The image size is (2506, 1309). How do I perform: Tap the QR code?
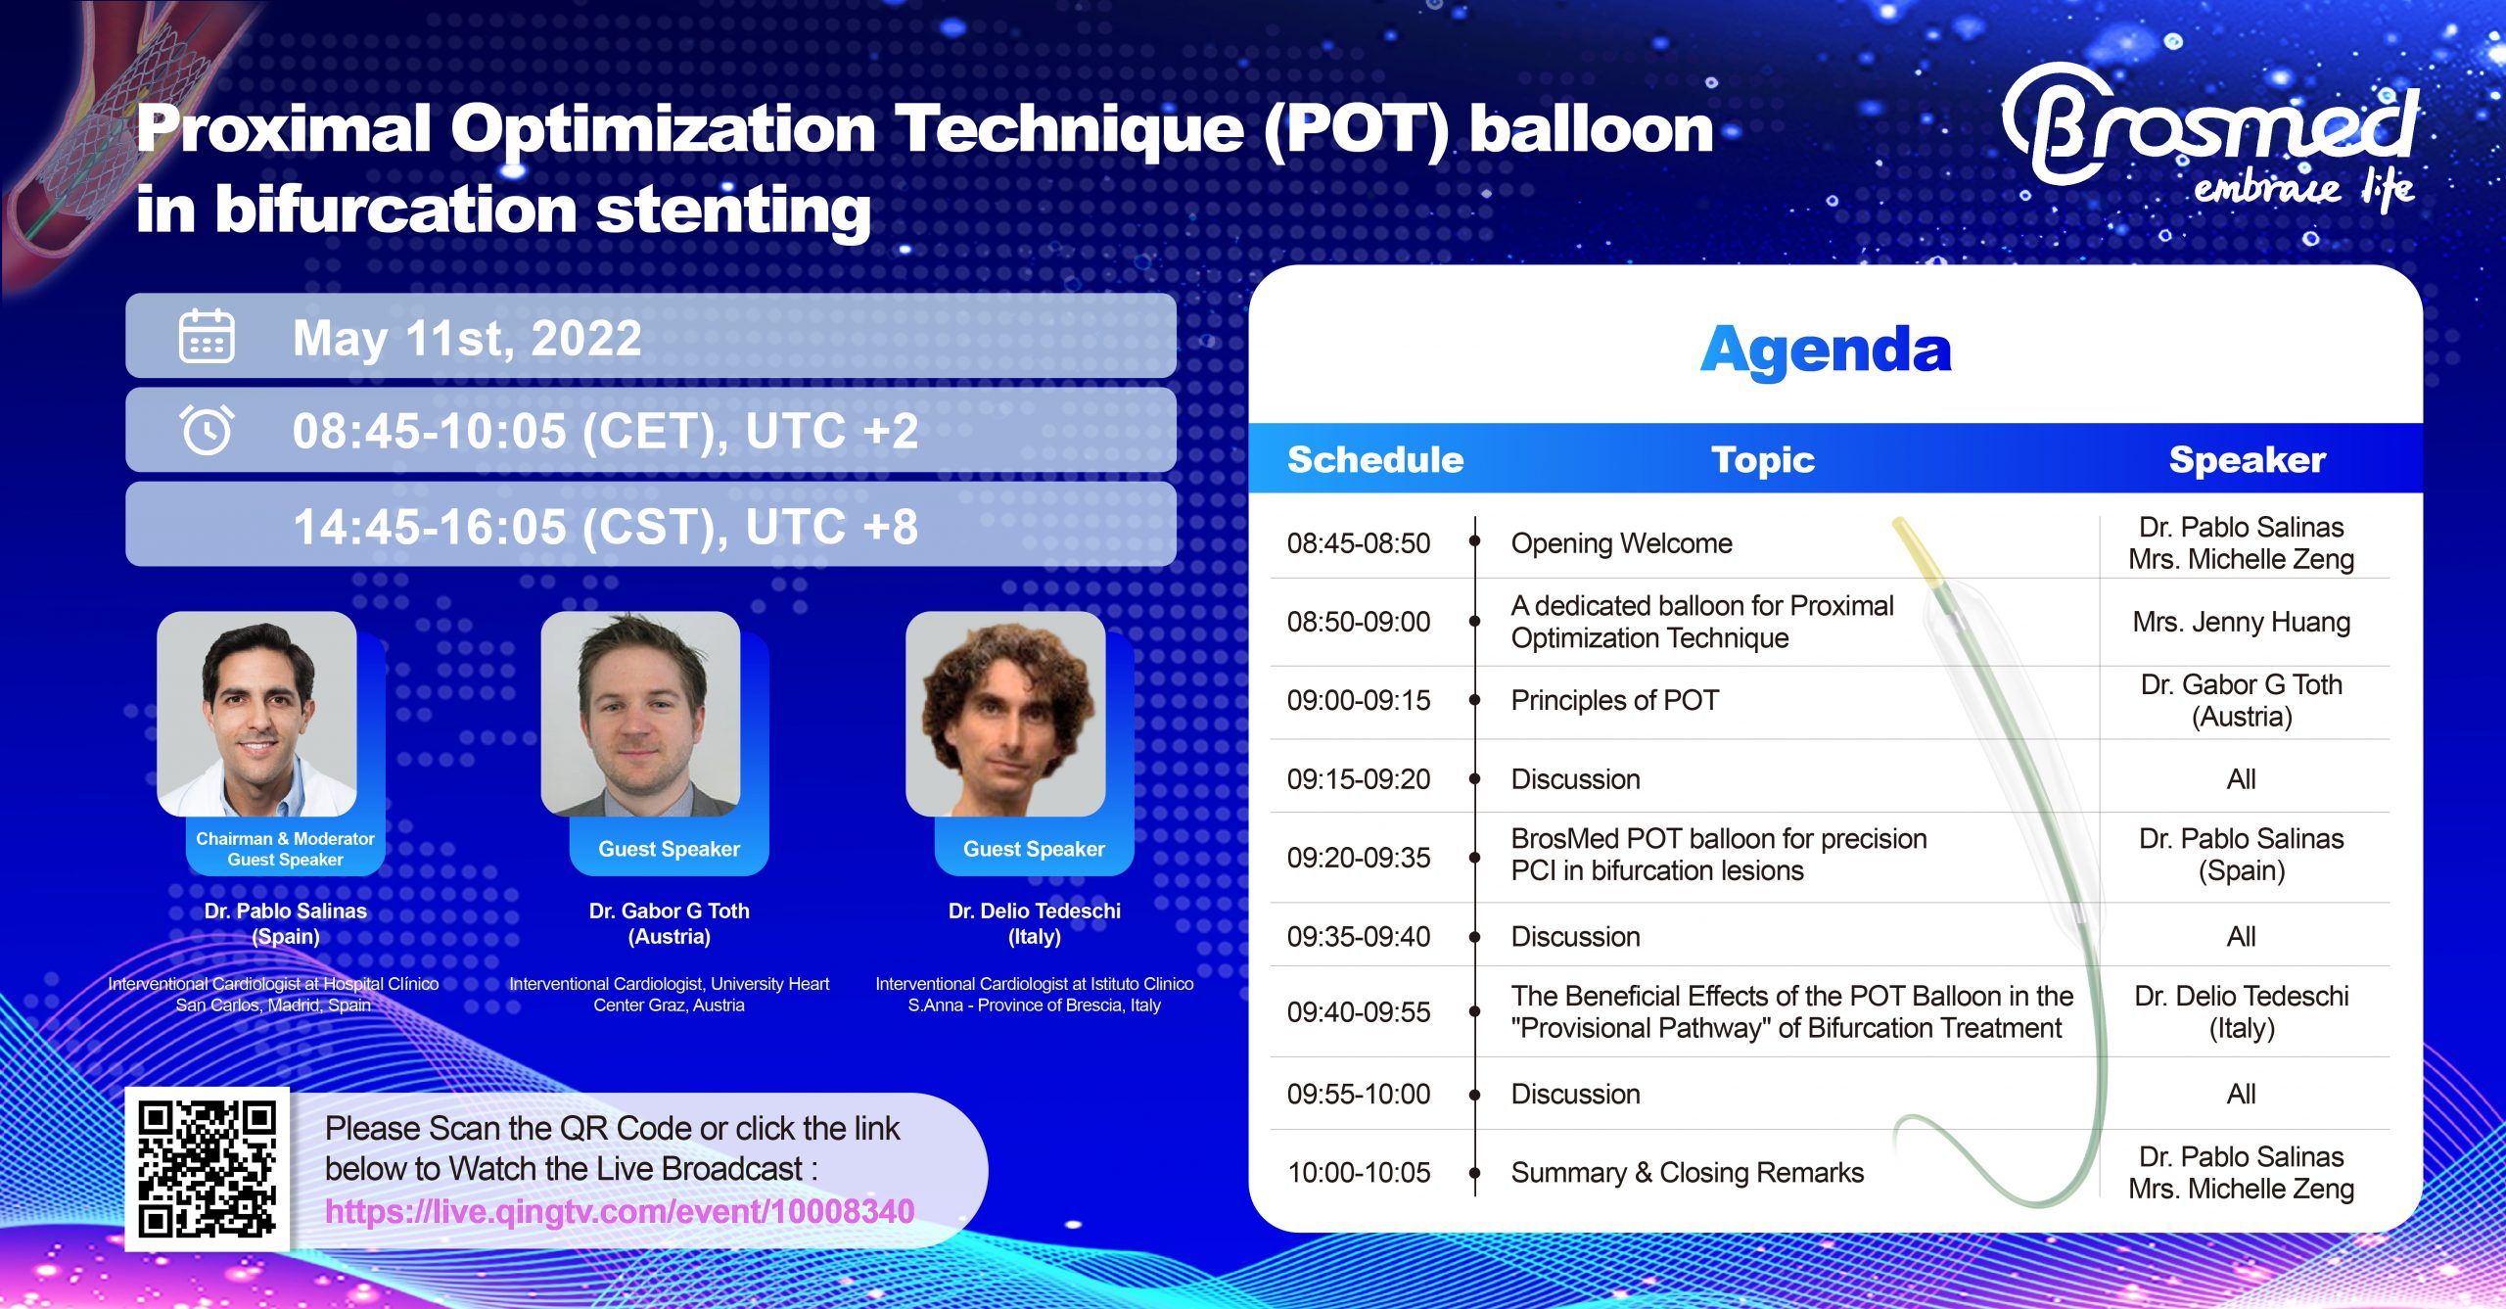point(207,1168)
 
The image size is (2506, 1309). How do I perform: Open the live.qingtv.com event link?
point(619,1211)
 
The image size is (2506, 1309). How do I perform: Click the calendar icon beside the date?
point(207,336)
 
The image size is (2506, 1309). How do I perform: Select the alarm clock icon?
point(207,429)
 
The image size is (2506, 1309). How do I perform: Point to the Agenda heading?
point(1826,351)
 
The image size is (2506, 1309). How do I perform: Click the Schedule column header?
point(1375,459)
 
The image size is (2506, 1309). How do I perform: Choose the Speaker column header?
point(2247,459)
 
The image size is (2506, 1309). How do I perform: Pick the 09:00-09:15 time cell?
point(1359,700)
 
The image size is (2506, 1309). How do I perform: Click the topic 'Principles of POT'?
point(1615,700)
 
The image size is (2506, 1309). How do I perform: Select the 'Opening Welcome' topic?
point(1621,543)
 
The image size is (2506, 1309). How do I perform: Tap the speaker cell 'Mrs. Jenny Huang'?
point(2242,622)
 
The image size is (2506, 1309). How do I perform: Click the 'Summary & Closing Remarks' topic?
point(1688,1172)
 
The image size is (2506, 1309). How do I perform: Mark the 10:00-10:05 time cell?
point(1359,1172)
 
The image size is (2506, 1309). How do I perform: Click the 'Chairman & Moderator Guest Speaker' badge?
point(285,848)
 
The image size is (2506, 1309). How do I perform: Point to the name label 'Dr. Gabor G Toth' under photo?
point(670,911)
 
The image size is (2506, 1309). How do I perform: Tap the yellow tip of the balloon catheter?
point(1917,553)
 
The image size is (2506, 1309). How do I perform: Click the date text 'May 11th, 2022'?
point(467,338)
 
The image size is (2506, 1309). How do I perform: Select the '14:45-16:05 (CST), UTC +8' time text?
point(605,526)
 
